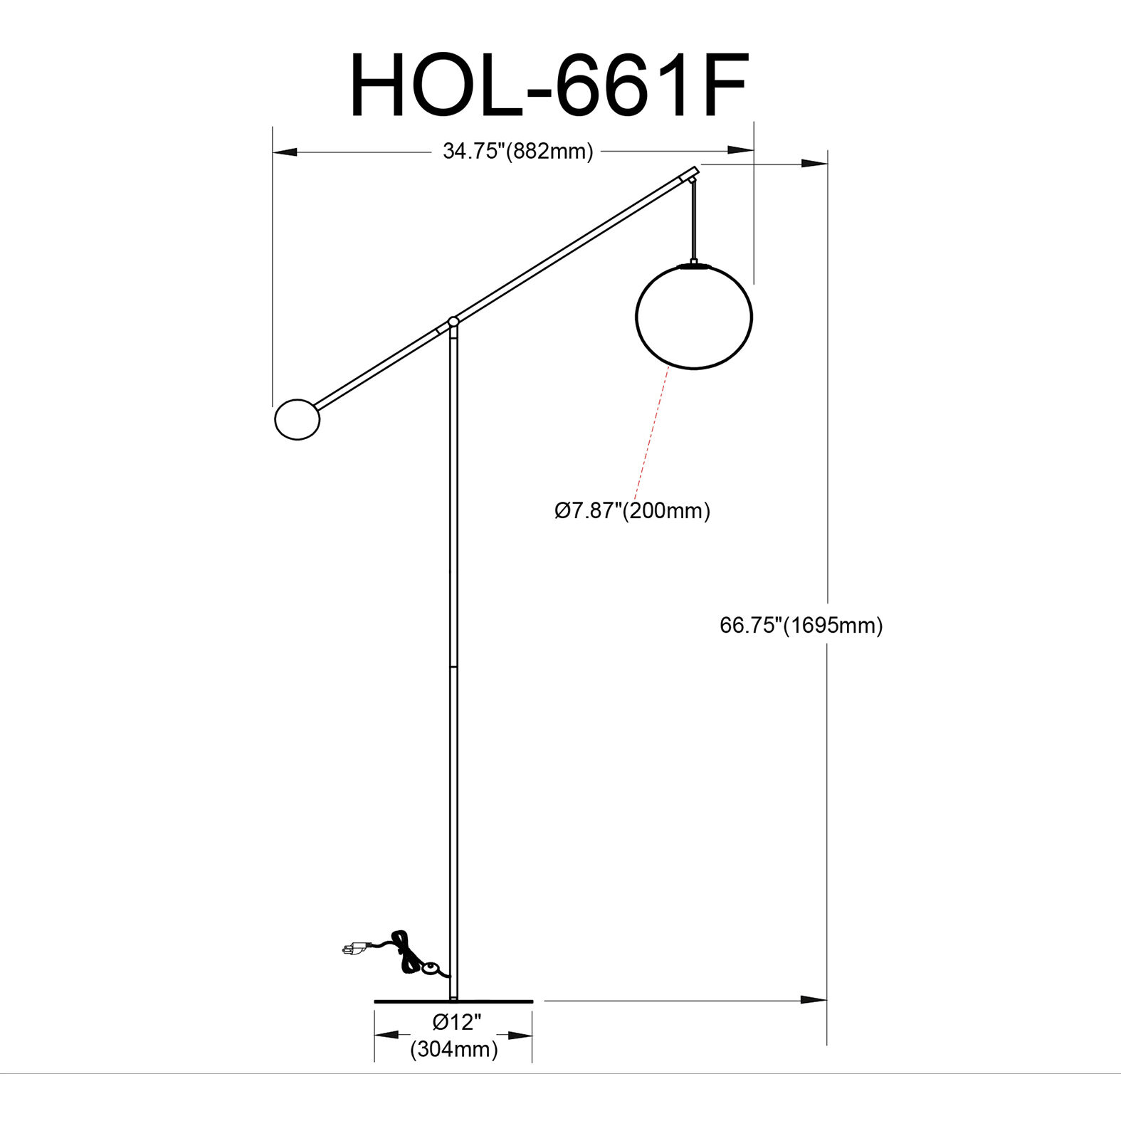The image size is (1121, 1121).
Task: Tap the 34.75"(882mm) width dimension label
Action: point(517,152)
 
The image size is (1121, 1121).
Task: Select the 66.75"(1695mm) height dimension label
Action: point(801,626)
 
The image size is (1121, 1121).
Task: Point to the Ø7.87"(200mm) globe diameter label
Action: point(632,511)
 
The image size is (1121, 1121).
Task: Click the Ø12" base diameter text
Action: point(457,1023)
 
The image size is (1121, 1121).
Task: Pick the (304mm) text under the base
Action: point(454,1049)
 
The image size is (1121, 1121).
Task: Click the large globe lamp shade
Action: point(693,317)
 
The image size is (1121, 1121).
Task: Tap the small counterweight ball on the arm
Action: point(297,420)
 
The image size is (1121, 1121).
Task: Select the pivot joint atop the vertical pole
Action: point(453,322)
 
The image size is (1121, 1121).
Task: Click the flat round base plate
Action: point(453,1001)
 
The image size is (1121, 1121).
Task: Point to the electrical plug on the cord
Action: point(353,949)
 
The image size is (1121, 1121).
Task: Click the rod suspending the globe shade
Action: point(693,221)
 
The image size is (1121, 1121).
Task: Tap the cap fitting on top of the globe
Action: point(693,265)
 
